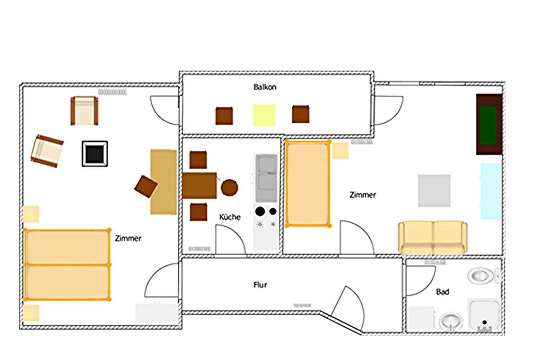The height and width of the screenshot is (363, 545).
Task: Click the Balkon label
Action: [x=265, y=87]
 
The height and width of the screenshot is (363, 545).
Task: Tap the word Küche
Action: [x=230, y=217]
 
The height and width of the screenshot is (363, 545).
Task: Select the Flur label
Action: [x=260, y=285]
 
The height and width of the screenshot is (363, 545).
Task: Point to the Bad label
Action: [x=442, y=292]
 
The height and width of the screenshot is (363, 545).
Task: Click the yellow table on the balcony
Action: [x=264, y=115]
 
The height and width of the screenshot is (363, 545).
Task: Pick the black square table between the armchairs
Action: [x=95, y=154]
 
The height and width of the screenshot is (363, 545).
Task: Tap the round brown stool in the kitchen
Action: [x=230, y=188]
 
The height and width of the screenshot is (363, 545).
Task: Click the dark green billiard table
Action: [x=489, y=124]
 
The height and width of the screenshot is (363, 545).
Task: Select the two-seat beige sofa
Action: [x=433, y=238]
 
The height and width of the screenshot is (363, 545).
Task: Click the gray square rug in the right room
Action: [x=434, y=191]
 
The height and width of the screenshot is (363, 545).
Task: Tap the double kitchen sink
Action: [x=266, y=178]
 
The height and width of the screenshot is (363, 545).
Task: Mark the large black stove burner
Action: [x=260, y=211]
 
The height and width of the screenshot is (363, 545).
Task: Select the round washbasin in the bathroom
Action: [x=451, y=321]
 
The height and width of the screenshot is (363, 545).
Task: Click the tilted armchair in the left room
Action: [x=47, y=151]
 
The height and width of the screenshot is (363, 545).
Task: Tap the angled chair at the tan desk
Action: [x=146, y=187]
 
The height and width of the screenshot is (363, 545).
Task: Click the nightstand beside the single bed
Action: [x=340, y=151]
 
